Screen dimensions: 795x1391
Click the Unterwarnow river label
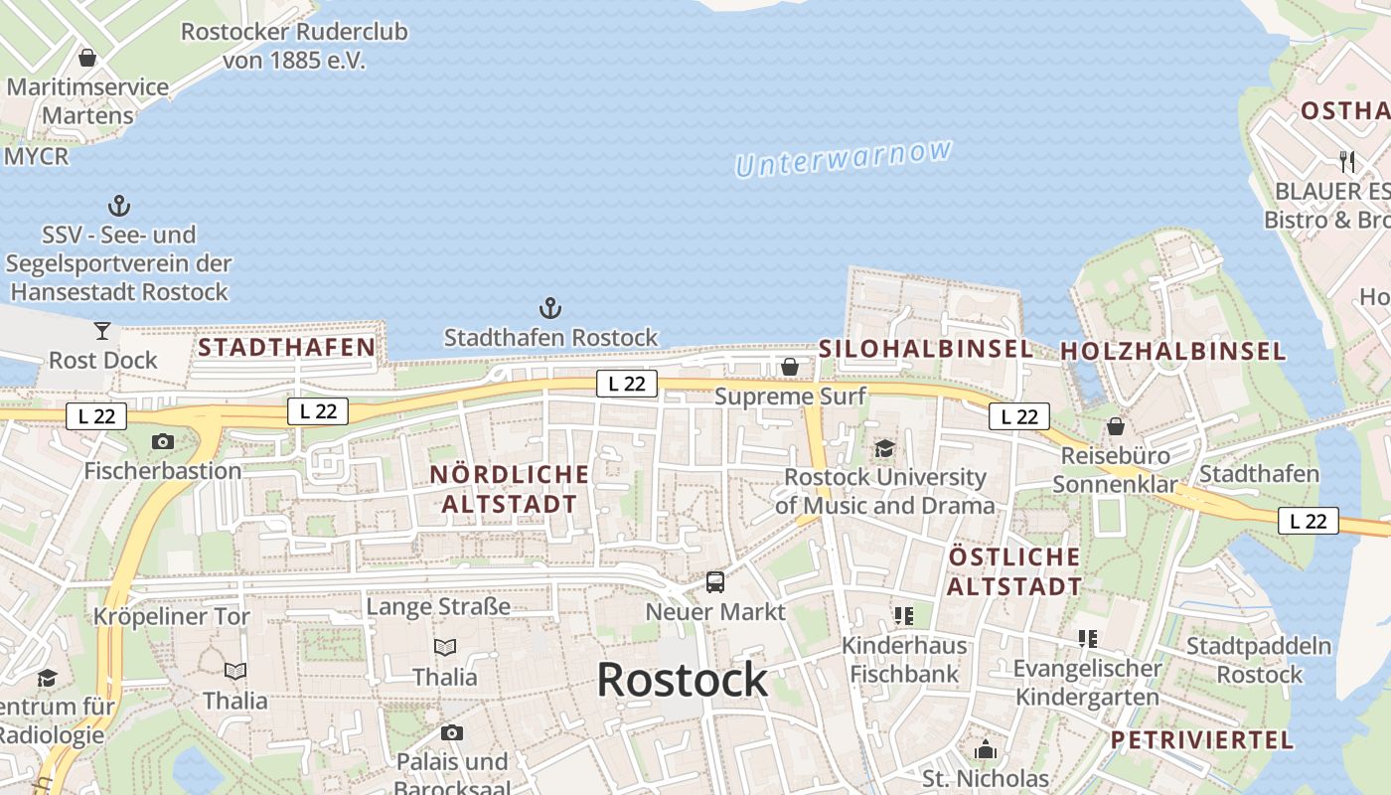click(x=844, y=159)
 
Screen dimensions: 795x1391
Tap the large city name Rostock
click(x=682, y=680)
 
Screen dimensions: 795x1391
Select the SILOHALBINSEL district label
click(x=926, y=349)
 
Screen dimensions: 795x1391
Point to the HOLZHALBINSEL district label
click(x=1173, y=351)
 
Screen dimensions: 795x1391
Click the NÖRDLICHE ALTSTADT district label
click(x=509, y=489)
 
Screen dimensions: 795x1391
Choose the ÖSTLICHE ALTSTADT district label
click(x=1013, y=570)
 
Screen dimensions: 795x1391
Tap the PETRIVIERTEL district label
click(x=1202, y=739)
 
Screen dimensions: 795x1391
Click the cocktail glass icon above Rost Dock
click(x=102, y=331)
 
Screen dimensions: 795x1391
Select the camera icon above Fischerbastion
click(x=163, y=441)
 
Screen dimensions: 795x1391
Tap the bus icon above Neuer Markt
click(x=715, y=582)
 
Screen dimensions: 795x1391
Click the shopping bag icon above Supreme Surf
click(x=790, y=367)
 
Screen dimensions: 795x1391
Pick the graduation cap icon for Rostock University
click(x=885, y=448)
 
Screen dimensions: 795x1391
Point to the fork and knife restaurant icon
click(x=1347, y=161)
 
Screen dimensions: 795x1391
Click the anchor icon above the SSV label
click(x=119, y=206)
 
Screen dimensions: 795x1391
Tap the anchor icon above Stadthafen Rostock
click(x=549, y=308)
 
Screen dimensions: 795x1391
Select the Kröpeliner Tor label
click(x=172, y=616)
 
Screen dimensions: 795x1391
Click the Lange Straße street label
click(x=438, y=606)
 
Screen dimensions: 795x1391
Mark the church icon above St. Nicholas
click(x=986, y=748)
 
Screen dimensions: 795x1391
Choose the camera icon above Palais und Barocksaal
click(x=452, y=733)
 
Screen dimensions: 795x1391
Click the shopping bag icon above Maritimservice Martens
click(x=87, y=58)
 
